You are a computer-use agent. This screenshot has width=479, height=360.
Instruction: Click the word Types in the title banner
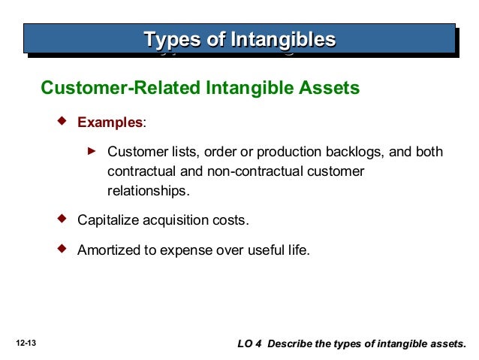click(x=172, y=38)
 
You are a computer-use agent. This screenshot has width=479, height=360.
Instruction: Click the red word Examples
click(x=110, y=122)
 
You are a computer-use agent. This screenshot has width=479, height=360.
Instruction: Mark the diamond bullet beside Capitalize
click(x=62, y=219)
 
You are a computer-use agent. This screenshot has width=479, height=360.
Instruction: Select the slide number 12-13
click(x=26, y=343)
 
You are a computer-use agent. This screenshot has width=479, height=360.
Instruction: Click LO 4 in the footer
click(x=249, y=343)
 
